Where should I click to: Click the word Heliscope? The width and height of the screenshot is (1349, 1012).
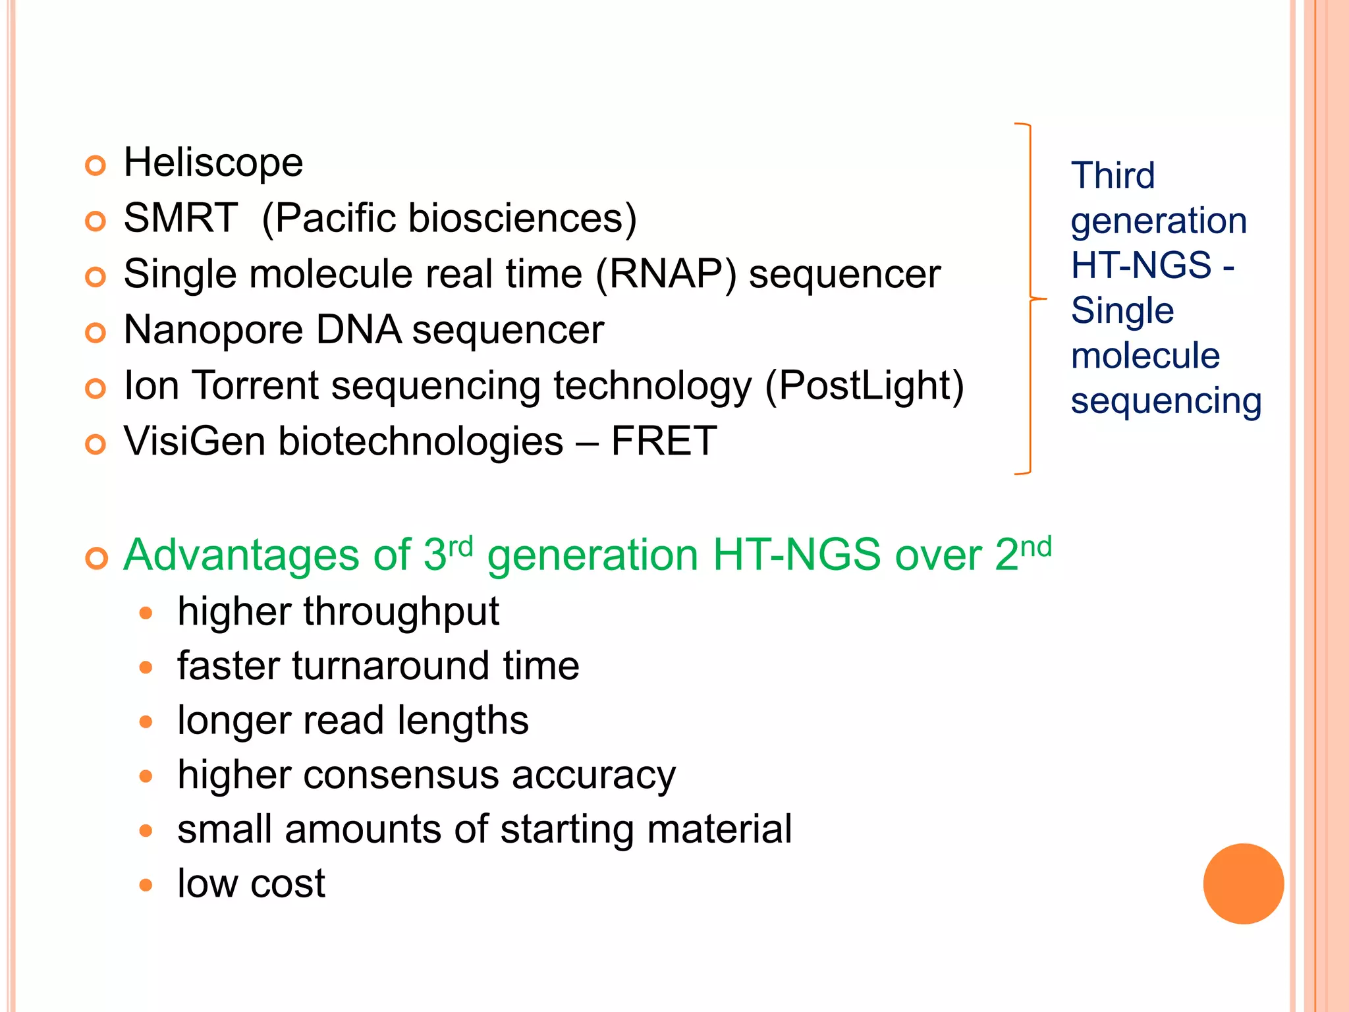(213, 163)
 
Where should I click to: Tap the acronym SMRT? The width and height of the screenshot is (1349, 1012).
(180, 218)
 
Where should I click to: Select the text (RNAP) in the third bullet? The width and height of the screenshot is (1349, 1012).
(665, 274)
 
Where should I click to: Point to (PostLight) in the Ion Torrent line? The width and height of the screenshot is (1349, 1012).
(864, 385)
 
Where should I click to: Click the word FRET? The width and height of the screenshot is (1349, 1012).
(663, 441)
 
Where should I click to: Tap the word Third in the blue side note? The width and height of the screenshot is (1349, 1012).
(1113, 175)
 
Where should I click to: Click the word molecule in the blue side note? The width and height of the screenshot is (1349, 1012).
(1145, 356)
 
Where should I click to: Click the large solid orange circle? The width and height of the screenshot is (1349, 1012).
(1243, 884)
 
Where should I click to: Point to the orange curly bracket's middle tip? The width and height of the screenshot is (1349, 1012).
(1043, 299)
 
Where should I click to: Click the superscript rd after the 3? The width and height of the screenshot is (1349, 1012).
(460, 546)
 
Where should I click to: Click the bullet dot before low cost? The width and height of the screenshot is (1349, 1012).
(146, 885)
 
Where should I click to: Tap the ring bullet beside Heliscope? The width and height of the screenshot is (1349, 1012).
(96, 165)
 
